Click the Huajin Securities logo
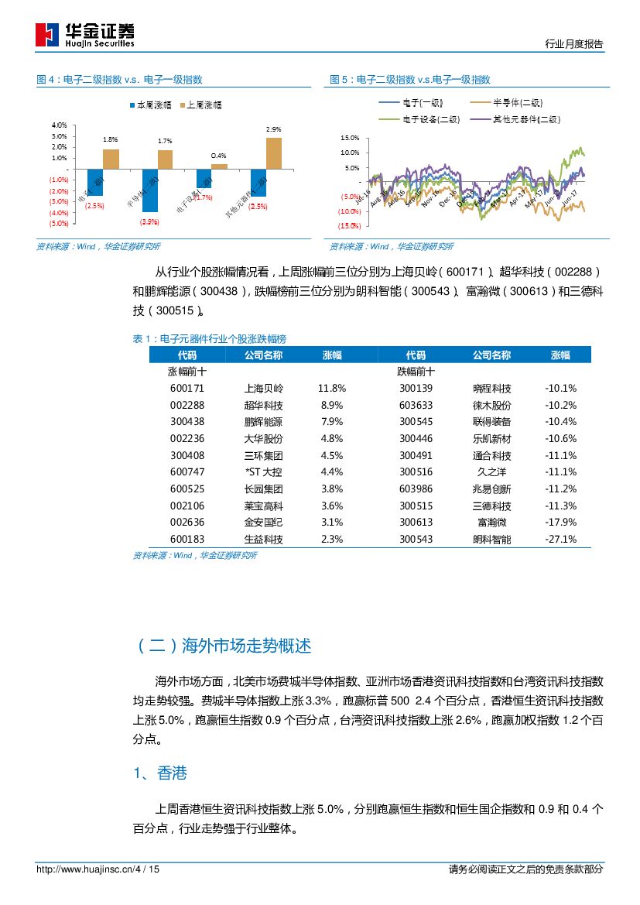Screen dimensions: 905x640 tap(85, 35)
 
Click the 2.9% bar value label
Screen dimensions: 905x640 tap(273, 129)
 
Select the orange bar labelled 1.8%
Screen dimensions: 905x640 tap(111, 159)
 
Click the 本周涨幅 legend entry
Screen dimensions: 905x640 tap(150, 105)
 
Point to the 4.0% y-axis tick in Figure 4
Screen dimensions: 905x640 tap(59, 125)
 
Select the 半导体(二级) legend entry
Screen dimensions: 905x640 tap(507, 102)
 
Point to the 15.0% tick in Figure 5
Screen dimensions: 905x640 tap(350, 138)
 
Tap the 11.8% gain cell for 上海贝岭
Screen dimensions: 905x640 tap(331, 388)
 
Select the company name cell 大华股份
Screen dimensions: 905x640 tap(263, 438)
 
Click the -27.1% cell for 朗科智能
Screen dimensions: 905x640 tap(560, 540)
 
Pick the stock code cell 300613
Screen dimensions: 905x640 tap(416, 523)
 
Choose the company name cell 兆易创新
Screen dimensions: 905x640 tap(492, 489)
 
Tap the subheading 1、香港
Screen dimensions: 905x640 tap(159, 773)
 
